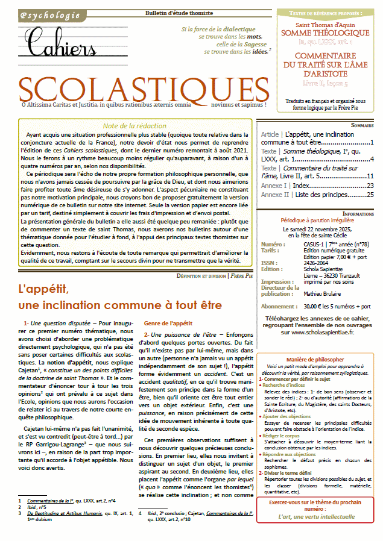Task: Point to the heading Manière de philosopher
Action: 318,359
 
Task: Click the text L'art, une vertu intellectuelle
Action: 318,516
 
